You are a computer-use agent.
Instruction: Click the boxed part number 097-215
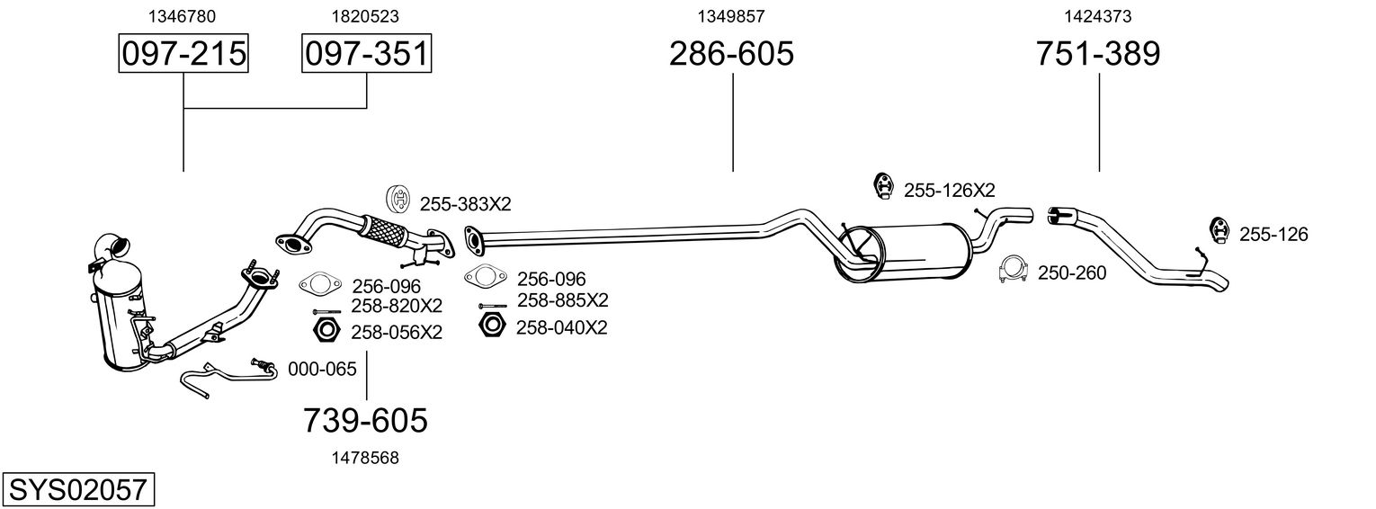(x=183, y=53)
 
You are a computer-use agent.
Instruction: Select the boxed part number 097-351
(x=366, y=53)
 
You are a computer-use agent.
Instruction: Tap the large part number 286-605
(x=731, y=53)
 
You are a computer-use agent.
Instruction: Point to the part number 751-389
(x=1098, y=53)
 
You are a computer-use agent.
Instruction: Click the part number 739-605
(x=365, y=421)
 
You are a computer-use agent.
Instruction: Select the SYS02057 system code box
(x=78, y=489)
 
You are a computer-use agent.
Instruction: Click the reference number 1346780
(x=182, y=16)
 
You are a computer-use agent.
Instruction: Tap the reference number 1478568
(x=365, y=458)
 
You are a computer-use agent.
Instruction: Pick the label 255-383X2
(x=465, y=204)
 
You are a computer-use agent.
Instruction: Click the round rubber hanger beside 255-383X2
(x=398, y=200)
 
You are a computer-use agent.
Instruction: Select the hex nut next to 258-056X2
(x=326, y=330)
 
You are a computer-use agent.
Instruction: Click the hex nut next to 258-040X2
(x=491, y=325)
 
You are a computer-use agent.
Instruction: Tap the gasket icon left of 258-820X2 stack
(x=320, y=284)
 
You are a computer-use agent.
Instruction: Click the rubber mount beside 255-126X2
(x=884, y=187)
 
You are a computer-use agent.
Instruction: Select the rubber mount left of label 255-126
(x=1219, y=231)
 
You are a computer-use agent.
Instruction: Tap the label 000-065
(x=322, y=369)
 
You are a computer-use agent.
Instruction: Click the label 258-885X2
(x=563, y=300)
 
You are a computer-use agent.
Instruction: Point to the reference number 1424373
(x=1098, y=16)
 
